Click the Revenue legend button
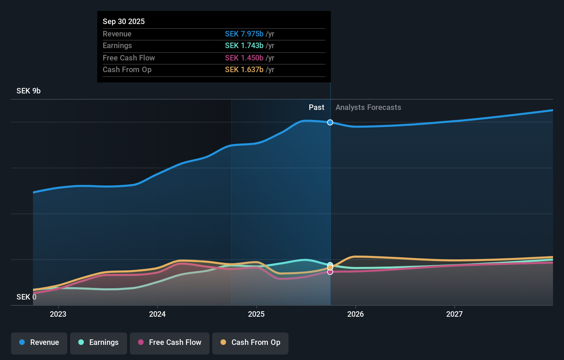coord(39,342)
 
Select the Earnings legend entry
coord(99,342)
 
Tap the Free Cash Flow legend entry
coord(170,342)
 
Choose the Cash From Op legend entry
coord(250,342)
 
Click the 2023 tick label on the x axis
coord(58,314)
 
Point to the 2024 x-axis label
coord(157,314)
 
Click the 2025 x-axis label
coord(256,314)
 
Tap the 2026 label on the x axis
coord(356,314)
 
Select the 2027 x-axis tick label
coord(454,314)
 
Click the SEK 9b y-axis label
coord(29,91)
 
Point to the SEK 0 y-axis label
coord(26,297)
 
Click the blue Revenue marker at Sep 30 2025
coord(330,122)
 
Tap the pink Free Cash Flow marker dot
coord(330,272)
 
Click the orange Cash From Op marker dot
coord(330,267)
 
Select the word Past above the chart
coord(316,108)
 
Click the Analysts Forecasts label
coord(368,108)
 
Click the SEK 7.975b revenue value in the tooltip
coord(244,34)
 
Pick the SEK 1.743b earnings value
coord(244,46)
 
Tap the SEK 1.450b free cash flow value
coord(244,58)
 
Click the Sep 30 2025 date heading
coord(124,22)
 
